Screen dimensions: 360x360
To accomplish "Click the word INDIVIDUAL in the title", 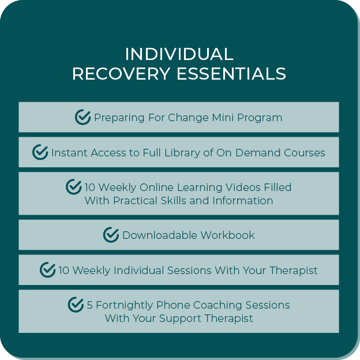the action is coord(179,54).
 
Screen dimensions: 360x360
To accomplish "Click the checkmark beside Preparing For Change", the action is coord(83,117).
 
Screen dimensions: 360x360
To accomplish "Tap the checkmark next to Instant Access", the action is coord(40,152).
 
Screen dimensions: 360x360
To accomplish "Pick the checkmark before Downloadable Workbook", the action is coord(111,235).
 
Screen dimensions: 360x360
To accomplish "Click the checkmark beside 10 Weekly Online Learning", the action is coord(74,187).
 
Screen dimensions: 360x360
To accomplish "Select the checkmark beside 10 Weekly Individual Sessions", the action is coord(47,270).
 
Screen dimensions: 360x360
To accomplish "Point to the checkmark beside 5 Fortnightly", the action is coord(76,305).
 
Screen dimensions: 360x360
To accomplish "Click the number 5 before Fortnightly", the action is coord(90,305).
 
